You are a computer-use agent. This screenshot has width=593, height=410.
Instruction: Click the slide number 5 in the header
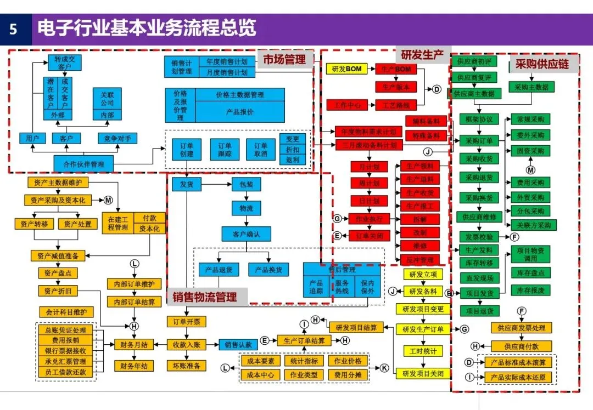click(14, 29)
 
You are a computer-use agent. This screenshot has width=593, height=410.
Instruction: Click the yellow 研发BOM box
click(346, 69)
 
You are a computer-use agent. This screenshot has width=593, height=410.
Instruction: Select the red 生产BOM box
click(396, 69)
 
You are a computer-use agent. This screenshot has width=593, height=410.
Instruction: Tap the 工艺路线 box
click(396, 104)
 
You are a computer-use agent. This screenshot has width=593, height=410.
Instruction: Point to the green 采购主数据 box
click(531, 87)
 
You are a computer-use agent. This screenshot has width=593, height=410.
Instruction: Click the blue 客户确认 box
click(246, 234)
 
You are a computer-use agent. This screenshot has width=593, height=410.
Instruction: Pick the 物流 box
click(246, 209)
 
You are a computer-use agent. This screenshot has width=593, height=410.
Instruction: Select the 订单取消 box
click(260, 150)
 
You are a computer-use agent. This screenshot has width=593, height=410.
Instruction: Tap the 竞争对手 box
click(118, 138)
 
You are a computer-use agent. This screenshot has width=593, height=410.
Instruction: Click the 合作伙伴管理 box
click(83, 163)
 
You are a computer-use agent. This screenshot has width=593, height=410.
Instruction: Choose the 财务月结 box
click(133, 345)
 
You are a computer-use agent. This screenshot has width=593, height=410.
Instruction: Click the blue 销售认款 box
click(237, 345)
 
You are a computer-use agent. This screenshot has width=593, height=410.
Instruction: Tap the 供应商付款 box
click(521, 346)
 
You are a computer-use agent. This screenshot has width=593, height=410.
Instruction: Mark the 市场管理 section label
click(284, 59)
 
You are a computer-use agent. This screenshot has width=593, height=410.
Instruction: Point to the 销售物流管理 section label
click(205, 297)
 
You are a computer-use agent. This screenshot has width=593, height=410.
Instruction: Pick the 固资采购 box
click(530, 151)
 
